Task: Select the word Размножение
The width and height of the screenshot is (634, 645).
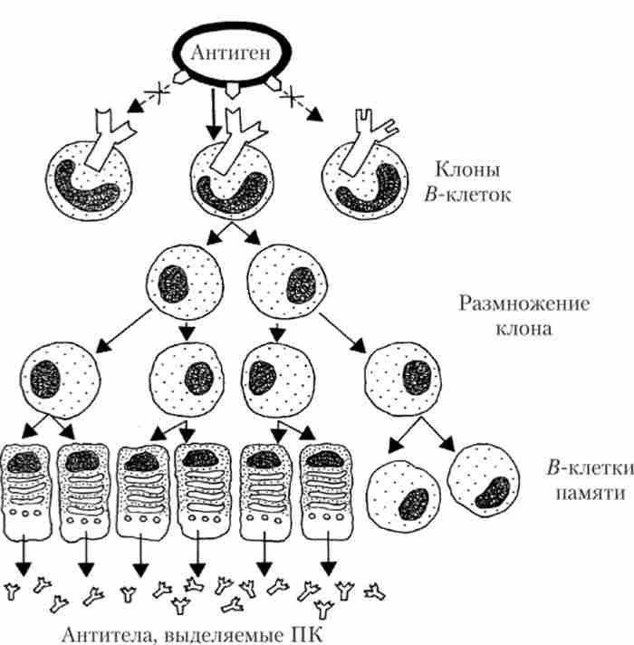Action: (x=524, y=303)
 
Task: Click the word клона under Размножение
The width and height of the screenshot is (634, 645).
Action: (x=524, y=329)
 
